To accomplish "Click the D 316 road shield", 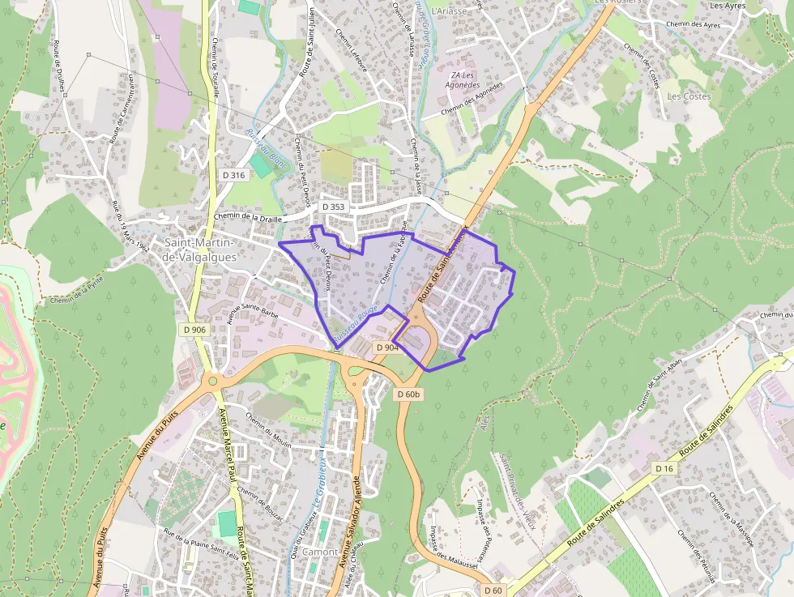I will tap(233, 175).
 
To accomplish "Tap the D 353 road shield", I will tap(333, 207).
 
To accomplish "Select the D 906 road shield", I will tap(194, 330).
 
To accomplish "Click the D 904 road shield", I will tap(387, 347).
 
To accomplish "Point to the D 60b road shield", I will tap(408, 394).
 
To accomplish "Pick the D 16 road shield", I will tap(664, 469).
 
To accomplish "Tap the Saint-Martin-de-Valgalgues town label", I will tap(198, 249).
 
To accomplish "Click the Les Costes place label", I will tap(689, 96).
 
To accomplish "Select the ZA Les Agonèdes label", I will tap(465, 79).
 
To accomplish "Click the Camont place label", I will tap(320, 552).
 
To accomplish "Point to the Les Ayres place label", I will tap(727, 6).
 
